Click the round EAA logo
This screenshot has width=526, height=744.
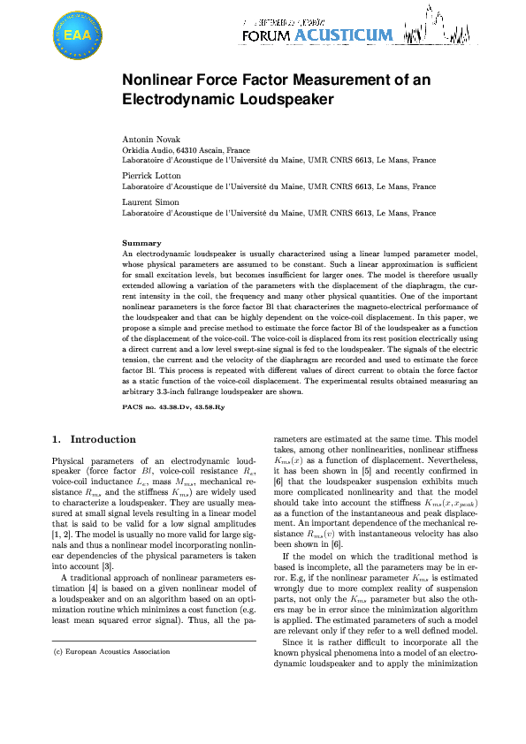pyautogui.click(x=78, y=35)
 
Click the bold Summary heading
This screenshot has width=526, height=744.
pyautogui.click(x=141, y=243)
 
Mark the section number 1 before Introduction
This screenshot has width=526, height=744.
pyautogui.click(x=56, y=439)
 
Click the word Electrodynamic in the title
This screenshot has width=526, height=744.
pyautogui.click(x=167, y=99)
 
